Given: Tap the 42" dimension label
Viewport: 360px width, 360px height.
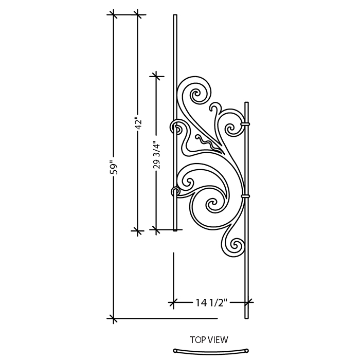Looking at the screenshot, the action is [x=138, y=124].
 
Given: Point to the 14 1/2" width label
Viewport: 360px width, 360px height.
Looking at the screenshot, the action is [x=211, y=302].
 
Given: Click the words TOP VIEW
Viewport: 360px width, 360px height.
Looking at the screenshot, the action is [x=209, y=339].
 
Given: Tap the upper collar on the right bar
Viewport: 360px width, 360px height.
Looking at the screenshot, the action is [x=245, y=124].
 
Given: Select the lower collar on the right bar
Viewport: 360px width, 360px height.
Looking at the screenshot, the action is [x=245, y=196].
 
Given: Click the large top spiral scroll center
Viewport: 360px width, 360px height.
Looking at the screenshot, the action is [x=197, y=94].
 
